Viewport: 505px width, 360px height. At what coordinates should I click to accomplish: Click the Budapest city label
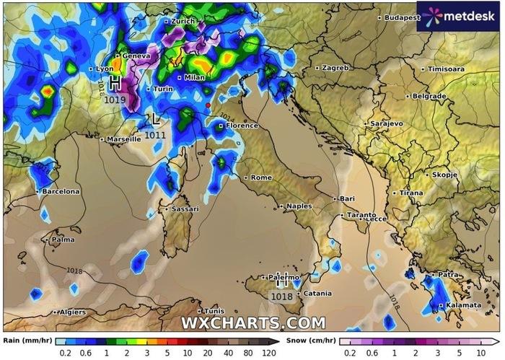[x=402, y=17]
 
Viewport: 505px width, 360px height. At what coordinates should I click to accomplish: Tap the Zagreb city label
[x=335, y=68]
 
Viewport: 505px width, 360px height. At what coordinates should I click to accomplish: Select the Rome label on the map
[x=260, y=177]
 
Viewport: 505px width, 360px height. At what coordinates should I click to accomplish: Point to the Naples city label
[x=299, y=206]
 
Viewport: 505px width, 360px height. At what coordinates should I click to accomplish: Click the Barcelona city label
[x=60, y=191]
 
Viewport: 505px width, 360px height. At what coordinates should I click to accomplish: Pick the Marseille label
[x=123, y=139]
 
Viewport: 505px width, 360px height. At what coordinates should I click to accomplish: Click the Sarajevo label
[x=386, y=124]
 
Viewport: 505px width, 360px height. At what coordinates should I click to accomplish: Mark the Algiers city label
[x=71, y=312]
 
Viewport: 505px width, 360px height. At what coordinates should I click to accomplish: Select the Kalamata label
[x=462, y=305]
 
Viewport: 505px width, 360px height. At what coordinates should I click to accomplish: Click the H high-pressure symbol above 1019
[x=115, y=82]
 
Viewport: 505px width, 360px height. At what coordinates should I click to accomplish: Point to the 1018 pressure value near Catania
[x=281, y=296]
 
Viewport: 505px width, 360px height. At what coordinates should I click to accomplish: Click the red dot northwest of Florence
[x=208, y=105]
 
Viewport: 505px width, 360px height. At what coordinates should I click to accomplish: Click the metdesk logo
[x=457, y=16]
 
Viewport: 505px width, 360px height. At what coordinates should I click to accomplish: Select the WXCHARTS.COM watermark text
[x=252, y=322]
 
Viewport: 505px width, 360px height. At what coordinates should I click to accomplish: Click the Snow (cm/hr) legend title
[x=311, y=339]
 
